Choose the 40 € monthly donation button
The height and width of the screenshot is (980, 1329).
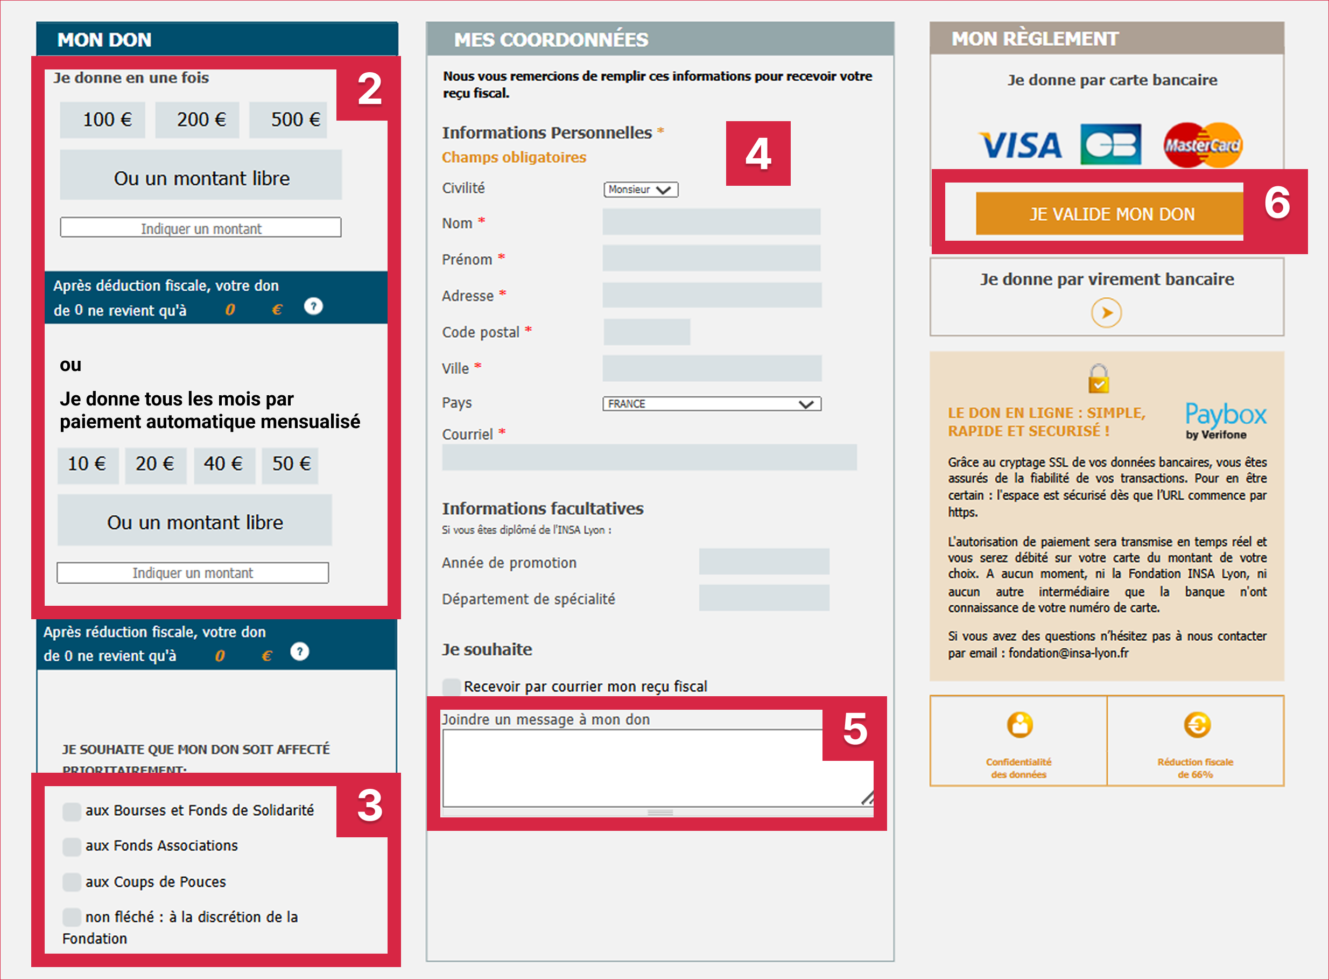[x=223, y=464]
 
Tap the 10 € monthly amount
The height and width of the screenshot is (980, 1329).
[x=87, y=464]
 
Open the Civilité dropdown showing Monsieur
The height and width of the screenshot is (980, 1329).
[x=641, y=189]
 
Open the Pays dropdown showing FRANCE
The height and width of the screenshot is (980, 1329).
[x=712, y=404]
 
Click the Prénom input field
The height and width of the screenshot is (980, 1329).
[x=711, y=258]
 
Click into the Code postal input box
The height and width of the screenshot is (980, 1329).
[x=646, y=332]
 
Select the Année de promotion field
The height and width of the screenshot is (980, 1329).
[x=763, y=562]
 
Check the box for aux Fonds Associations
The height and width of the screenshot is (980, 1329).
[x=72, y=846]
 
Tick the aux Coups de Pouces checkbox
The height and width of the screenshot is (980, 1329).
[x=72, y=882]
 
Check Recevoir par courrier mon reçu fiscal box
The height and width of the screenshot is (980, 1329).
[x=451, y=687]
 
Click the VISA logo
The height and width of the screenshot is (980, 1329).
[x=1020, y=145]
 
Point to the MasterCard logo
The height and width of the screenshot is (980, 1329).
[x=1202, y=145]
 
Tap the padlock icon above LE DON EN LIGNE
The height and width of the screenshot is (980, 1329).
[x=1098, y=379]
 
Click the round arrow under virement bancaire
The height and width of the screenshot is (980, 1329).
[x=1106, y=313]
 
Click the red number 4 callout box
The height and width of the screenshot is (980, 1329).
[x=758, y=153]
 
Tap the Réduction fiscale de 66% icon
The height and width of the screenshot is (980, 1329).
[x=1197, y=725]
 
